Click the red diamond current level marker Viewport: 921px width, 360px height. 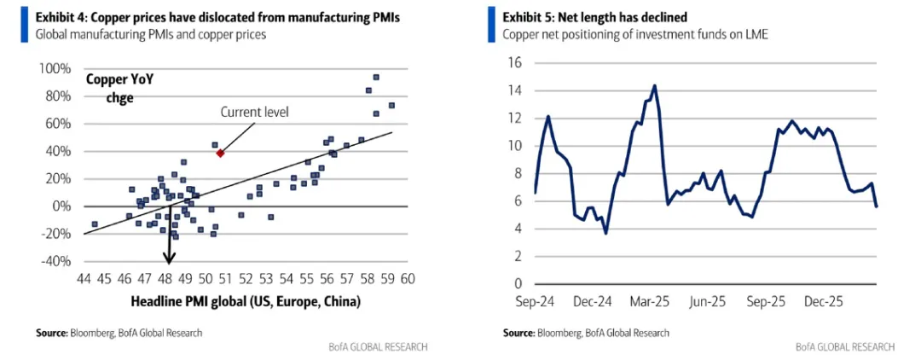pyautogui.click(x=220, y=153)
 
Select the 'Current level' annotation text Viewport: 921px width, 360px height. pyautogui.click(x=254, y=112)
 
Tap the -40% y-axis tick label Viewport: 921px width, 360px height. pyautogui.click(x=55, y=261)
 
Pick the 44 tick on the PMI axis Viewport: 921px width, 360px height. pyautogui.click(x=84, y=278)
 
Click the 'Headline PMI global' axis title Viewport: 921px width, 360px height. pyautogui.click(x=246, y=301)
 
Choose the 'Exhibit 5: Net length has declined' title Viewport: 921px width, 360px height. pyautogui.click(x=595, y=16)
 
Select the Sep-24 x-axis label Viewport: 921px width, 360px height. pyautogui.click(x=534, y=301)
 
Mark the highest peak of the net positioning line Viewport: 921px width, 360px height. pyautogui.click(x=654, y=85)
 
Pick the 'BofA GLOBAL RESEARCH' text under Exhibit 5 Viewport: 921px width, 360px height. pyautogui.click(x=844, y=347)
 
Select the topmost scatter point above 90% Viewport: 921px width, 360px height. pyautogui.click(x=375, y=77)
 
